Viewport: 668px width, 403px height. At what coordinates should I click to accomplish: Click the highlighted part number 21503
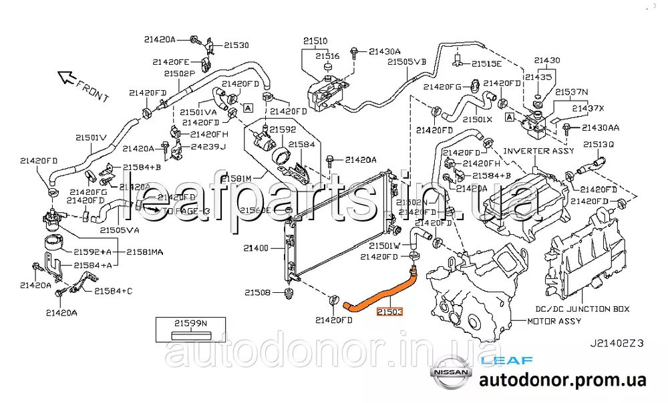pyautogui.click(x=389, y=312)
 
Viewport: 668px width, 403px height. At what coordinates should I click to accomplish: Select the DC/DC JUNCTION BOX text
pyautogui.click(x=582, y=309)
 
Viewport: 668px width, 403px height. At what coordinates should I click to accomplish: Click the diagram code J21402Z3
pyautogui.click(x=616, y=344)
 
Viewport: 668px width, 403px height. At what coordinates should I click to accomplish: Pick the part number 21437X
pyautogui.click(x=589, y=108)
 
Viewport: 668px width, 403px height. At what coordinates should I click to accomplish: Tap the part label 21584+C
pyautogui.click(x=113, y=291)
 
